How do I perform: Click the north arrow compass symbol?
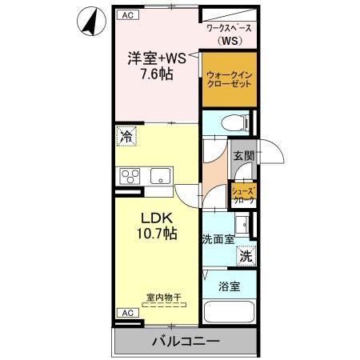(90, 21)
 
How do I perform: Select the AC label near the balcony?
(126, 313)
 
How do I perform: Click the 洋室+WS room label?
(157, 58)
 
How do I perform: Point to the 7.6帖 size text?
(157, 73)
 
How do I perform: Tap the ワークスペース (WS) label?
(230, 34)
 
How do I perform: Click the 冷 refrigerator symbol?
(126, 137)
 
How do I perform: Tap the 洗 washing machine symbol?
(247, 257)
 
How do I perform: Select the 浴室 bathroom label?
(229, 286)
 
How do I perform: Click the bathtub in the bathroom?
(230, 314)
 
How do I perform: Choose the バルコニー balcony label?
(186, 342)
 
